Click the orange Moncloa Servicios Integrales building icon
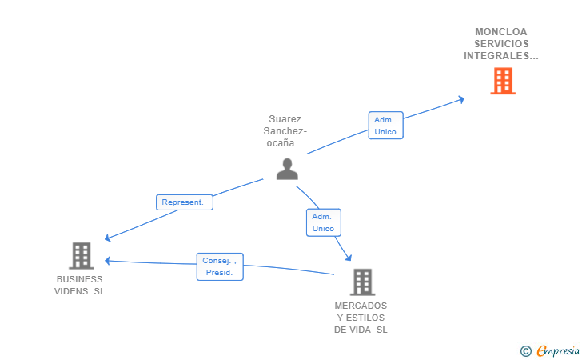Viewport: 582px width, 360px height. click(x=502, y=81)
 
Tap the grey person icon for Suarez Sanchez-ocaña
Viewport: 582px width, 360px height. click(x=287, y=169)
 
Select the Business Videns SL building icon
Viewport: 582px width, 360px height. click(x=81, y=255)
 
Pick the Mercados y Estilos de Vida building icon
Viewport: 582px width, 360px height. click(x=361, y=282)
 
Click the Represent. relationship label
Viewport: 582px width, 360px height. click(x=185, y=202)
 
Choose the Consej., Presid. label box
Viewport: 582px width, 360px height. click(x=220, y=266)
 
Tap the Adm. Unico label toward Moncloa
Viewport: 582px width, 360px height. click(x=385, y=126)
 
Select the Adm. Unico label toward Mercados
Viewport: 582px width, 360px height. click(x=323, y=222)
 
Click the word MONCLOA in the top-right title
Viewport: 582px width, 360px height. click(x=501, y=32)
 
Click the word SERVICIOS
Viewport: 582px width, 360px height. click(x=501, y=44)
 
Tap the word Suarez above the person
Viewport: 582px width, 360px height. click(x=285, y=119)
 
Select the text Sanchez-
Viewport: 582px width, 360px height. click(x=285, y=131)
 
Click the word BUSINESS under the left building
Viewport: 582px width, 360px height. click(x=79, y=279)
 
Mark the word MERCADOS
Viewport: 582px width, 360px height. click(x=361, y=306)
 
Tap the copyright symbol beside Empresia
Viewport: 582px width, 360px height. click(x=525, y=350)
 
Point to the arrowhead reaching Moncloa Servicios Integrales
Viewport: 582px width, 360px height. click(x=460, y=99)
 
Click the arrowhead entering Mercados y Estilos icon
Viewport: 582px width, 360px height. click(x=349, y=258)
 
